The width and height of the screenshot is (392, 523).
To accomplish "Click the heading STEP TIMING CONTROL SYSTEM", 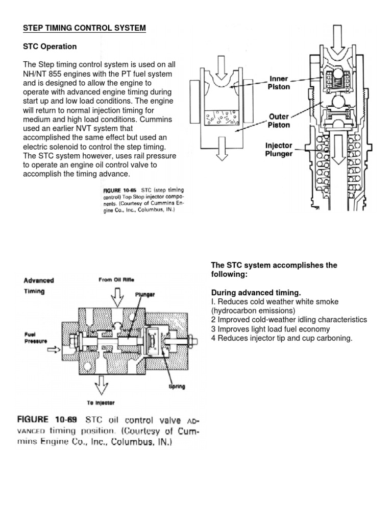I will point(85,29).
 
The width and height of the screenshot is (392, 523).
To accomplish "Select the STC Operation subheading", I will point(50,46).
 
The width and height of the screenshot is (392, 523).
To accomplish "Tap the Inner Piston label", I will point(280,82).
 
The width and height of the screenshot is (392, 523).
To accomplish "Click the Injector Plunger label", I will point(279,150).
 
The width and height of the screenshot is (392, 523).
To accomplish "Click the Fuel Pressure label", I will point(35,338).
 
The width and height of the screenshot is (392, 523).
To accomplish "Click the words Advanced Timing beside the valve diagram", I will point(38,286).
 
